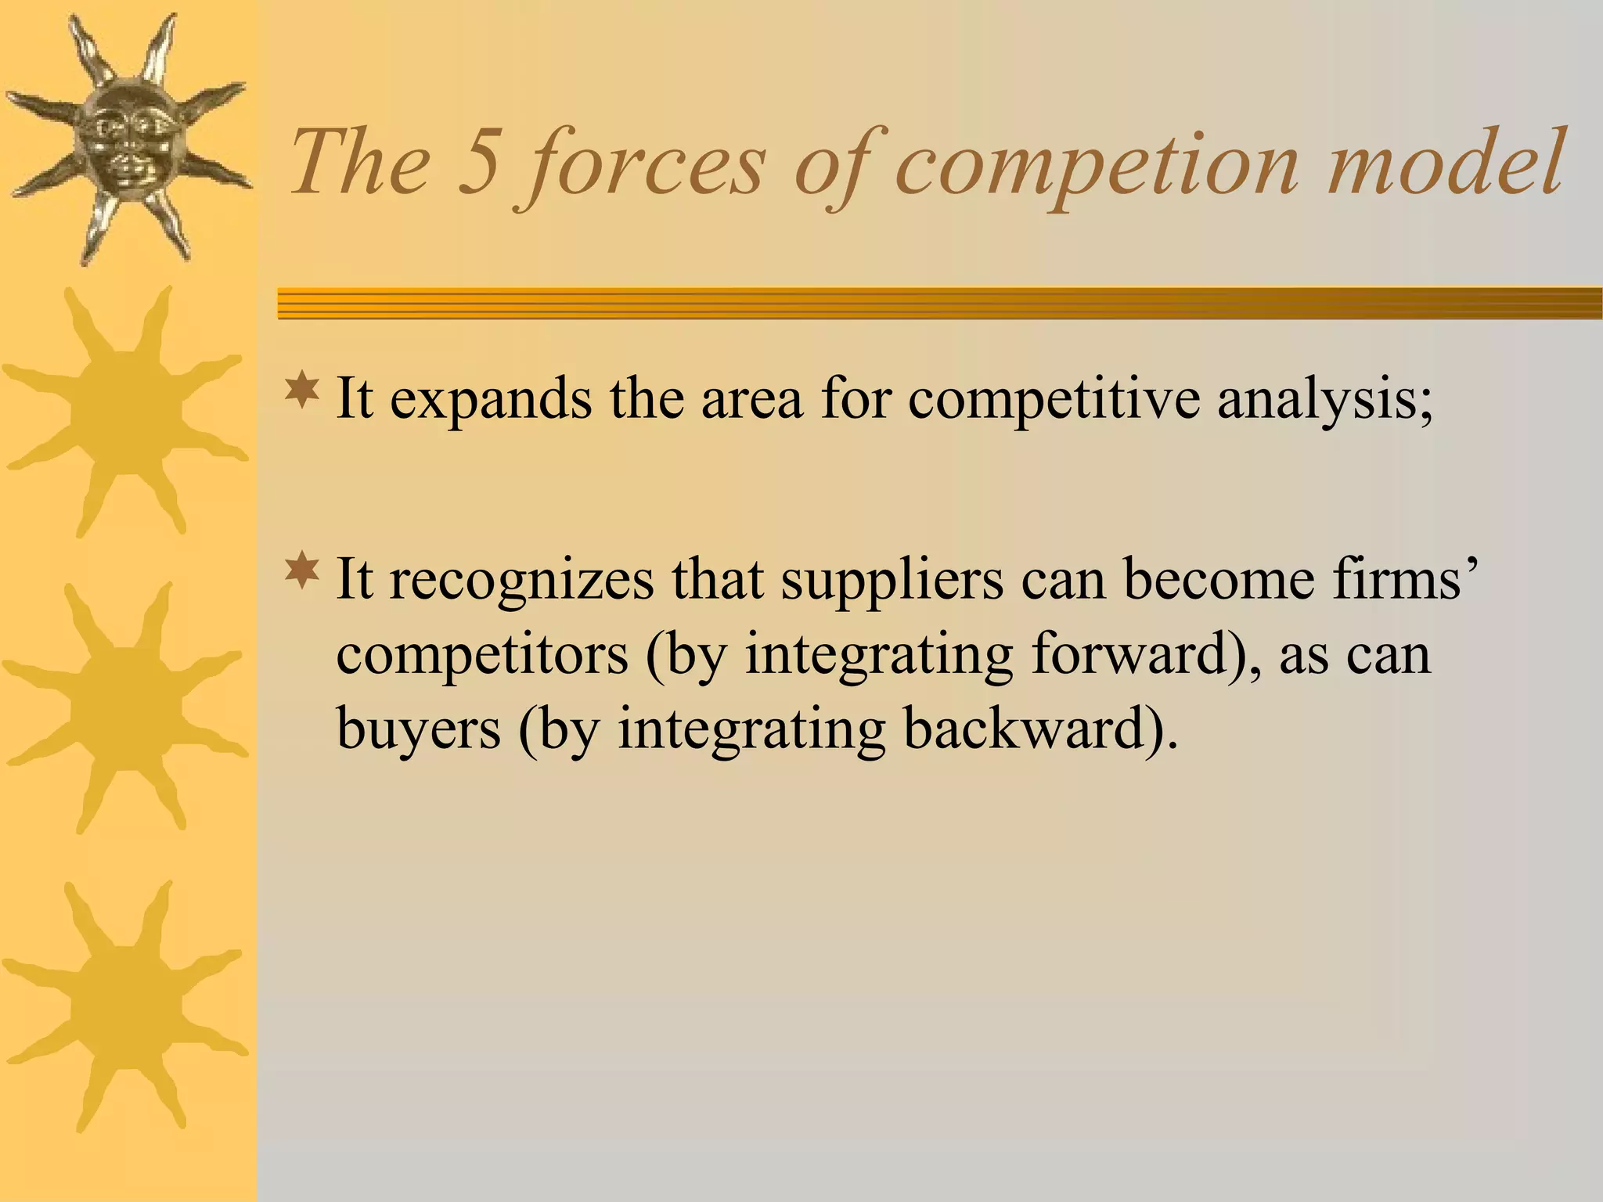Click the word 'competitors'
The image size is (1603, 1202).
click(482, 656)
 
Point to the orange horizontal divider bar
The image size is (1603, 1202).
click(939, 304)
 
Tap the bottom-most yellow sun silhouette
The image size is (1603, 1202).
click(125, 1006)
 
